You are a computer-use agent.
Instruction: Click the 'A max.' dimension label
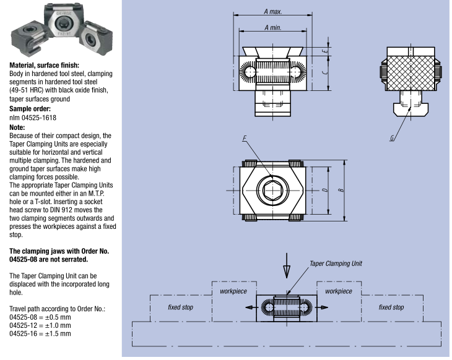click(272, 12)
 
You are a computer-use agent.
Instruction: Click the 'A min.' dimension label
click(272, 28)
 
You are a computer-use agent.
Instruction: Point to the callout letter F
click(245, 138)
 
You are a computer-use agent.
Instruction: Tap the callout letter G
click(392, 138)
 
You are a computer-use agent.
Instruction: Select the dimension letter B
click(341, 190)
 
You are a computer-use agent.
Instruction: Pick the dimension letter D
click(325, 190)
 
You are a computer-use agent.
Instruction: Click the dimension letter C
click(325, 72)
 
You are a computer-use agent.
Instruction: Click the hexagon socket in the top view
click(272, 191)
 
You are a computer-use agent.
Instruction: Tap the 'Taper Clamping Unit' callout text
click(336, 264)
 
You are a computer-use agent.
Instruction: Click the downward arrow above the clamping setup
click(287, 265)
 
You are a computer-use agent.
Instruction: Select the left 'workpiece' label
click(233, 291)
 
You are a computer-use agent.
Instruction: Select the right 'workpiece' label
click(339, 291)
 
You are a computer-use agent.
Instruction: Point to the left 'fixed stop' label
click(180, 307)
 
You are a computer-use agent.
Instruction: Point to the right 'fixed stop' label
click(391, 307)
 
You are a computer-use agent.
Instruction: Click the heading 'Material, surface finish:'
click(44, 66)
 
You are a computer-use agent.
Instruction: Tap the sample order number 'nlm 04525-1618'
click(33, 118)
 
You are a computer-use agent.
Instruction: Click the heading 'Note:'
click(17, 127)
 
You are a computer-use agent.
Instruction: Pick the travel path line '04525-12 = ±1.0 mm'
click(40, 325)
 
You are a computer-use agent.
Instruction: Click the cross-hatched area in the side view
click(410, 73)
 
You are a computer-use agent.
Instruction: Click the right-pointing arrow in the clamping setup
click(322, 307)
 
